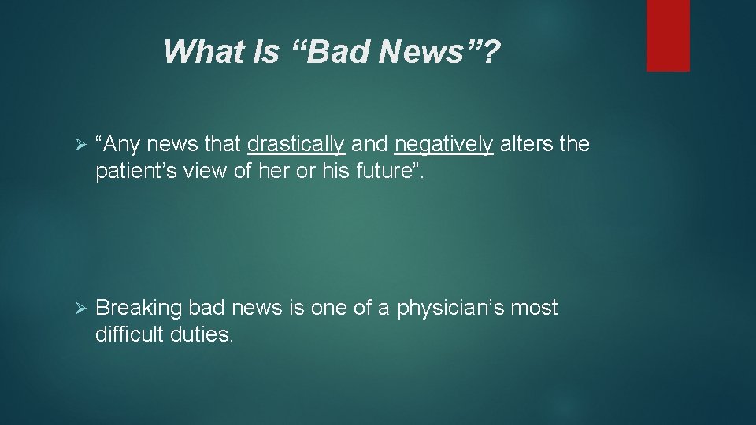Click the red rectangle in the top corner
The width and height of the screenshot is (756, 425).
pyautogui.click(x=668, y=35)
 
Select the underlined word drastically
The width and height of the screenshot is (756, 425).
pyautogui.click(x=295, y=144)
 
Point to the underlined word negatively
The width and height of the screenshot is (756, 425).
pyautogui.click(x=444, y=144)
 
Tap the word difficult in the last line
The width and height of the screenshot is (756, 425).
pyautogui.click(x=128, y=334)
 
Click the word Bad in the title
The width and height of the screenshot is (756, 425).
pyautogui.click(x=339, y=53)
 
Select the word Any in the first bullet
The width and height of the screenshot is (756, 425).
pyautogui.click(x=120, y=144)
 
